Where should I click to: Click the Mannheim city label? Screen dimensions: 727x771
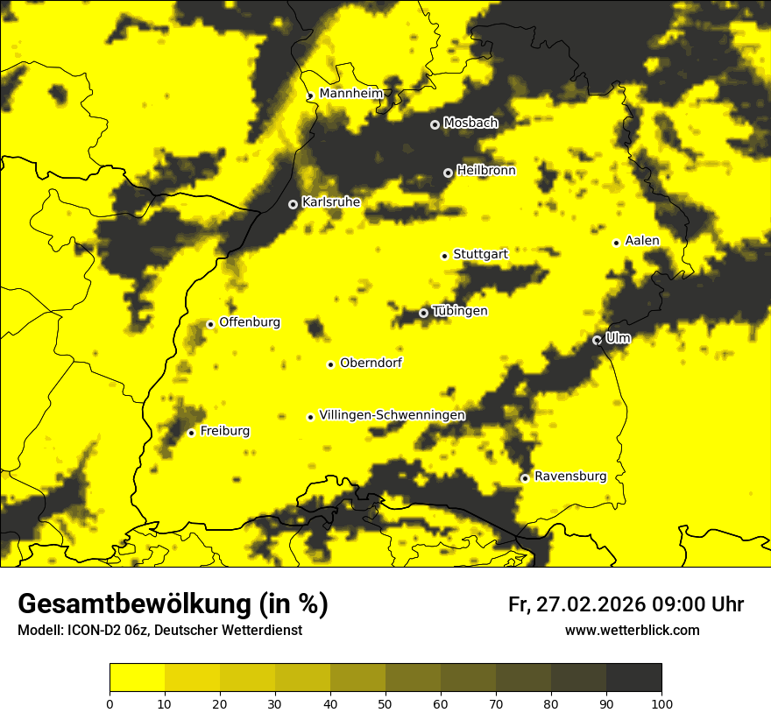(x=351, y=94)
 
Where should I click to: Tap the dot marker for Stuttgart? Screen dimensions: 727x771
(x=444, y=256)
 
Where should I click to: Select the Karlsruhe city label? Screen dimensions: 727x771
(x=331, y=202)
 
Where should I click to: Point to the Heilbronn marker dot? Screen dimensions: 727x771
(x=448, y=173)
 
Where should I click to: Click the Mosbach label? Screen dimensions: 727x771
(x=470, y=124)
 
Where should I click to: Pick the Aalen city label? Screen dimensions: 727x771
(x=642, y=241)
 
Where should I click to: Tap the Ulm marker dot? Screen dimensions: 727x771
(x=598, y=340)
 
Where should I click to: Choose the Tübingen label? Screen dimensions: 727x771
(x=460, y=312)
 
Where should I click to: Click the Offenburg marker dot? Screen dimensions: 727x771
(x=210, y=324)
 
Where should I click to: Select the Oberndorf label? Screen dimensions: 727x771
(x=371, y=363)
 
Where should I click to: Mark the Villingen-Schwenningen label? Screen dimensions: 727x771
(x=393, y=415)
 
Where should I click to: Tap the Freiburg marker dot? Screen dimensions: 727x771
(x=191, y=433)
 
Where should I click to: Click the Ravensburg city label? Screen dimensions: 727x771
(x=570, y=476)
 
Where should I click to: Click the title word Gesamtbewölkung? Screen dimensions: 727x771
(x=133, y=604)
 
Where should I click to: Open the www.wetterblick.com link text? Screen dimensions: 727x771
(x=633, y=631)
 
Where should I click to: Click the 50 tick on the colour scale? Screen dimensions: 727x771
(x=385, y=703)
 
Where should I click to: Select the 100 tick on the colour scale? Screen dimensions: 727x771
(x=661, y=703)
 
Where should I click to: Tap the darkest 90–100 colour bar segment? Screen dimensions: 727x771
(x=633, y=678)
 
